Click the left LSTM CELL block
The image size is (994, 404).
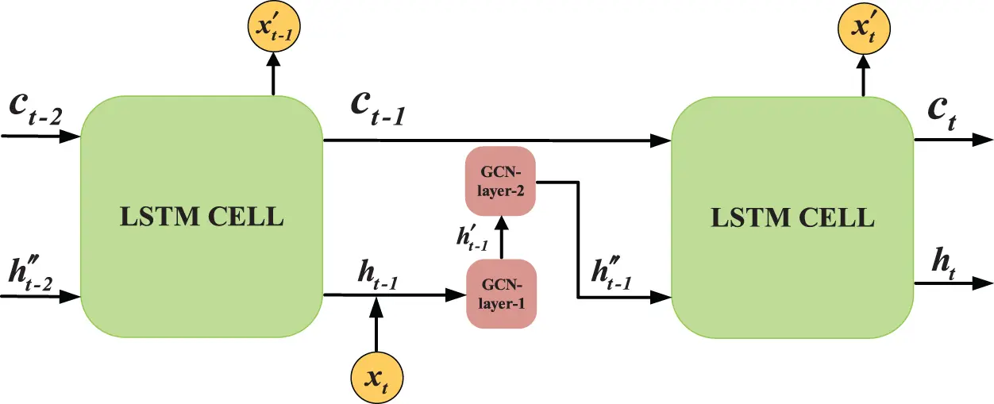click(x=201, y=216)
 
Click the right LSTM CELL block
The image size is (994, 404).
click(x=792, y=216)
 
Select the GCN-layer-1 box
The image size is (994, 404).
click(x=501, y=294)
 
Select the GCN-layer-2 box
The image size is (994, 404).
click(x=501, y=181)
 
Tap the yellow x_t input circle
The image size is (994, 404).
click(x=376, y=377)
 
